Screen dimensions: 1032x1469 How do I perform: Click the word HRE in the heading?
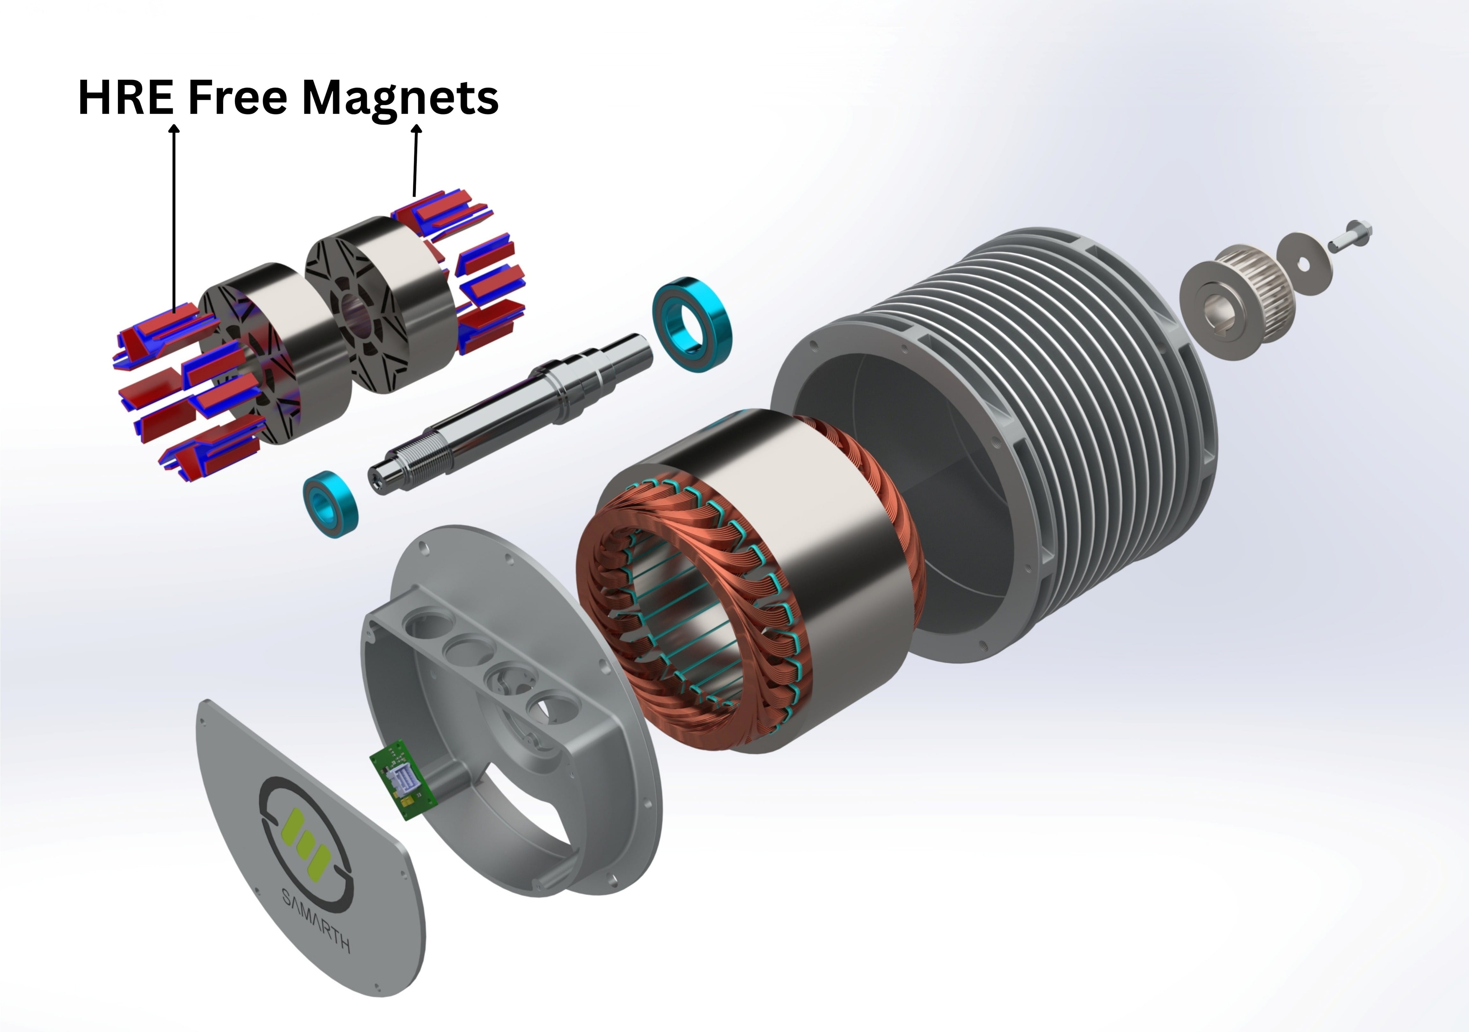pos(125,97)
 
